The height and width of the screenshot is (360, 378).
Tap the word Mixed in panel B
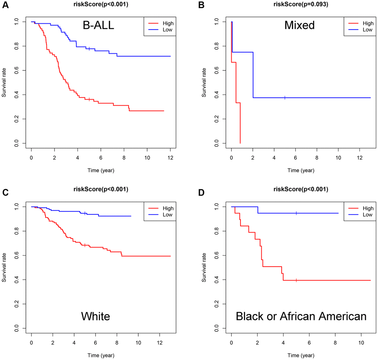click(299, 25)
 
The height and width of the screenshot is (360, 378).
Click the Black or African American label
click(301, 316)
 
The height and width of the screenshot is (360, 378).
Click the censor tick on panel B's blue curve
click(285, 98)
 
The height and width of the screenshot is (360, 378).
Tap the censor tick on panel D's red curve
click(296, 280)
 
